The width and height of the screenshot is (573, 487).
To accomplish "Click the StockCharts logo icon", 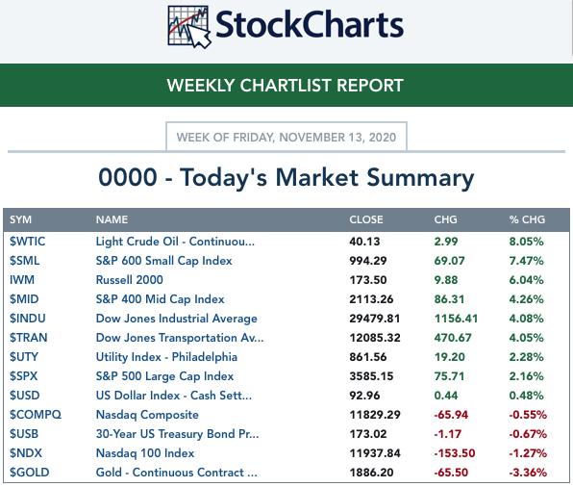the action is click(189, 27).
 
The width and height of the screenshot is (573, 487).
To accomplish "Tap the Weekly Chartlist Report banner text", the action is click(286, 86).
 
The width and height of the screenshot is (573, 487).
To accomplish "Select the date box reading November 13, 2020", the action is click(286, 137).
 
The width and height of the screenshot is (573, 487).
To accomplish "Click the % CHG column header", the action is click(527, 219).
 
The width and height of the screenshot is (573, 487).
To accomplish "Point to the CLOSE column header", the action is click(366, 219).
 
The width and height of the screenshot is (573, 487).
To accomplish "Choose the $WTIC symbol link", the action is click(28, 242).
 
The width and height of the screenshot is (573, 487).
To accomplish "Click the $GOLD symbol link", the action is click(29, 473).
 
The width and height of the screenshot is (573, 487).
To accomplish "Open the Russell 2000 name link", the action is click(130, 280).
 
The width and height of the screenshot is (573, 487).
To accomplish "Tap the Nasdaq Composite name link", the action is click(147, 415).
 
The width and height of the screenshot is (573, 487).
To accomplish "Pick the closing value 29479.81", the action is click(375, 319).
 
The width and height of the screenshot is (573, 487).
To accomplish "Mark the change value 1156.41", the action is click(456, 319).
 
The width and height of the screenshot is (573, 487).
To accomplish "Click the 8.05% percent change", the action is click(526, 242).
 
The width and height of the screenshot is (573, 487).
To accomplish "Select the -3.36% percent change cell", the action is click(528, 473).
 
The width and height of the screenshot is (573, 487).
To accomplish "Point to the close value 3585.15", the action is click(371, 376).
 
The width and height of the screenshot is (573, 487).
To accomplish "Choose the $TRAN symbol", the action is click(29, 338).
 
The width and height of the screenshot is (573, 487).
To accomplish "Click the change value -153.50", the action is click(455, 453).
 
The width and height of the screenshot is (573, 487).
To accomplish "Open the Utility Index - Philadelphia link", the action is click(166, 357).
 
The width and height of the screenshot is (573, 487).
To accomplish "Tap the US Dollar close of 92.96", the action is click(364, 396).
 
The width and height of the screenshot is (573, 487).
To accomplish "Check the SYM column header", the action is click(20, 219).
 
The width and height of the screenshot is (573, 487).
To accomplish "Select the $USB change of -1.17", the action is click(447, 434).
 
